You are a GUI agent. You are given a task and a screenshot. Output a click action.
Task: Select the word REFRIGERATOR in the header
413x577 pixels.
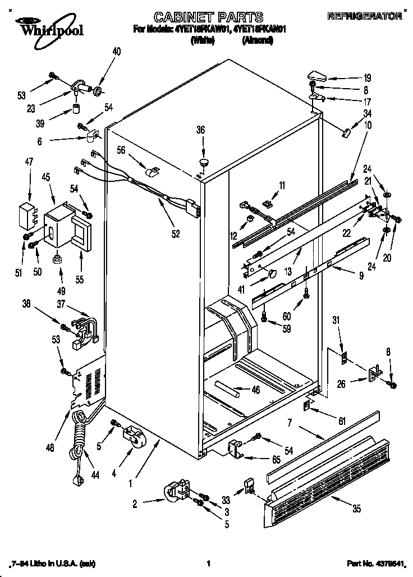[x=365, y=16]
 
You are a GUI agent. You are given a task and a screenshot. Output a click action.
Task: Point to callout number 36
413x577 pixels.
[x=200, y=130]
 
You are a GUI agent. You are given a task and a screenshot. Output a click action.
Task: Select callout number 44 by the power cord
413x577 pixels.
[x=95, y=475]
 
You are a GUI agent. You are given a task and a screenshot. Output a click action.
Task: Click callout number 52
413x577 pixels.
[x=176, y=233]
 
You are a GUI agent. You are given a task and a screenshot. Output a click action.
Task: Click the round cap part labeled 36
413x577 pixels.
[x=203, y=163]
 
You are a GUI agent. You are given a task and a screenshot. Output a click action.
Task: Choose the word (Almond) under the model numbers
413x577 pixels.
[x=258, y=40]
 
